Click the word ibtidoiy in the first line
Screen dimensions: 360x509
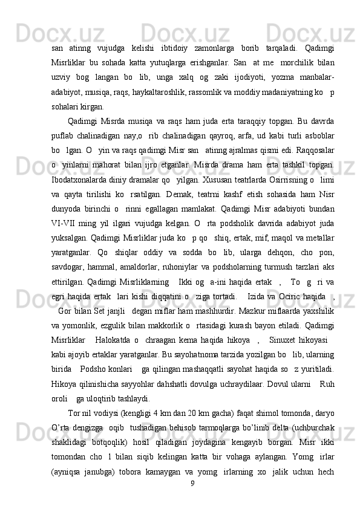point(175,30)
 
